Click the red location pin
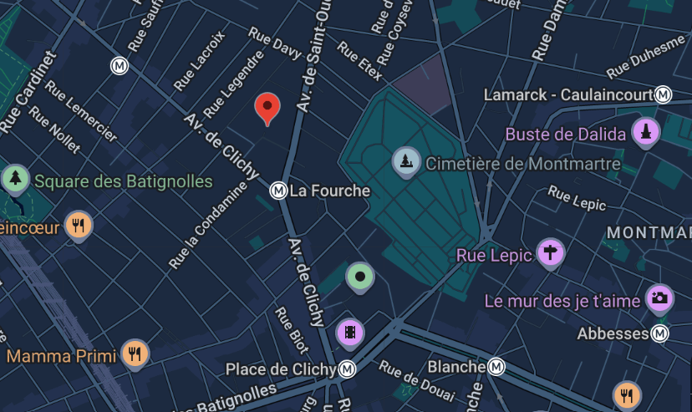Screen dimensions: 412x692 (267, 107)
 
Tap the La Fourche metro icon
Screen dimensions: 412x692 (278, 191)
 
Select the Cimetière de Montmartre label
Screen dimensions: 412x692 (523, 164)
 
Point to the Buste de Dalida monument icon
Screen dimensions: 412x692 (645, 132)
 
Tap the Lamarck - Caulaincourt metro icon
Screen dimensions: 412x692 (664, 94)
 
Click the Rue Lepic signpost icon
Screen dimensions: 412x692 (550, 252)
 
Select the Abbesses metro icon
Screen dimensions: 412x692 (661, 334)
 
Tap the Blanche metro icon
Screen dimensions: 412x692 (497, 367)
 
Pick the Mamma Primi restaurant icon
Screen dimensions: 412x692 (134, 353)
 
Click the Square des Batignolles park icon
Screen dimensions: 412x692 (14, 177)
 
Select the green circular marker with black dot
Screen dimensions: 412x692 (359, 275)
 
